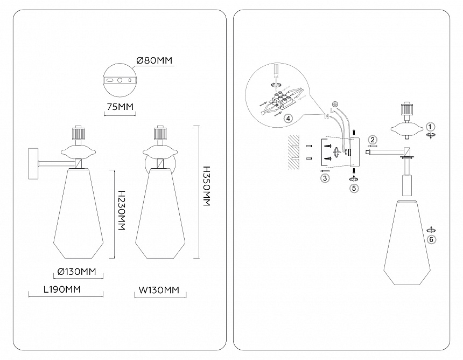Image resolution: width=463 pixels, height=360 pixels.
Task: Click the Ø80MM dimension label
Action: (x=155, y=61)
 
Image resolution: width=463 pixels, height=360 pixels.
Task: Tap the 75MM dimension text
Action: (x=120, y=106)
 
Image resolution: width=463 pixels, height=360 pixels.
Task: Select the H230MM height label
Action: (x=121, y=211)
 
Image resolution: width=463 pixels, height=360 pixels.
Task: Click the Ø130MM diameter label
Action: (x=76, y=271)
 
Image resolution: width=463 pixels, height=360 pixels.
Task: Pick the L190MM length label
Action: (x=62, y=289)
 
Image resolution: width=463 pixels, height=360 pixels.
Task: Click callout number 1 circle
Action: (x=430, y=126)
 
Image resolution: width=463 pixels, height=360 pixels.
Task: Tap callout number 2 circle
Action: (x=373, y=139)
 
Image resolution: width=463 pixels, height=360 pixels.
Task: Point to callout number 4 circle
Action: (x=289, y=118)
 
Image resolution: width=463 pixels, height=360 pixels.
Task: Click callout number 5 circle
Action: (x=354, y=188)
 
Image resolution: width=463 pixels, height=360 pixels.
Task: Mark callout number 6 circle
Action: (x=431, y=239)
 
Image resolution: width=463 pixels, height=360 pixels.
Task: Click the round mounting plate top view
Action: (x=120, y=80)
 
